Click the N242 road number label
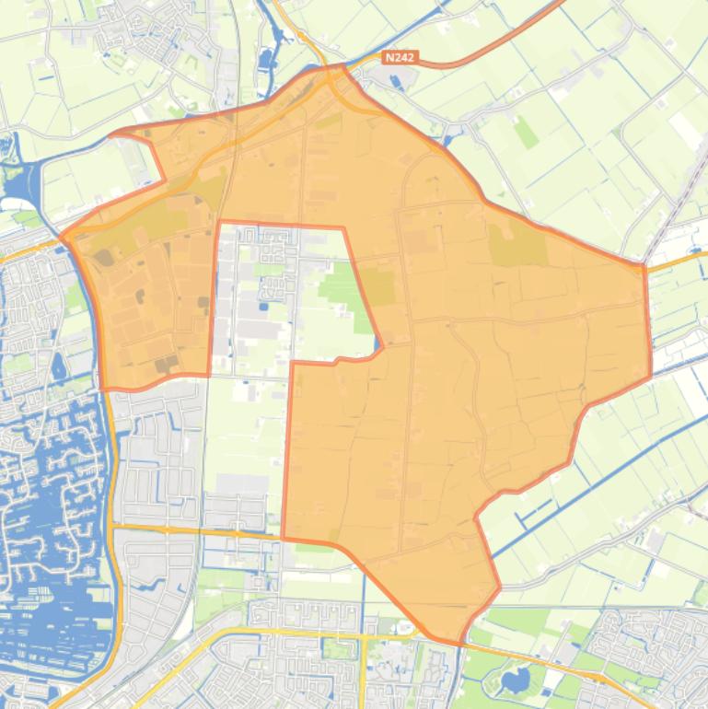click(400, 57)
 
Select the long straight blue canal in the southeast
click(589, 488)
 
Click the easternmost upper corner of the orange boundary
click(643, 266)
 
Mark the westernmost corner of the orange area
click(63, 237)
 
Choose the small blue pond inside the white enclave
click(265, 307)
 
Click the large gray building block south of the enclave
click(241, 483)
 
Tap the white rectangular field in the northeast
click(686, 129)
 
